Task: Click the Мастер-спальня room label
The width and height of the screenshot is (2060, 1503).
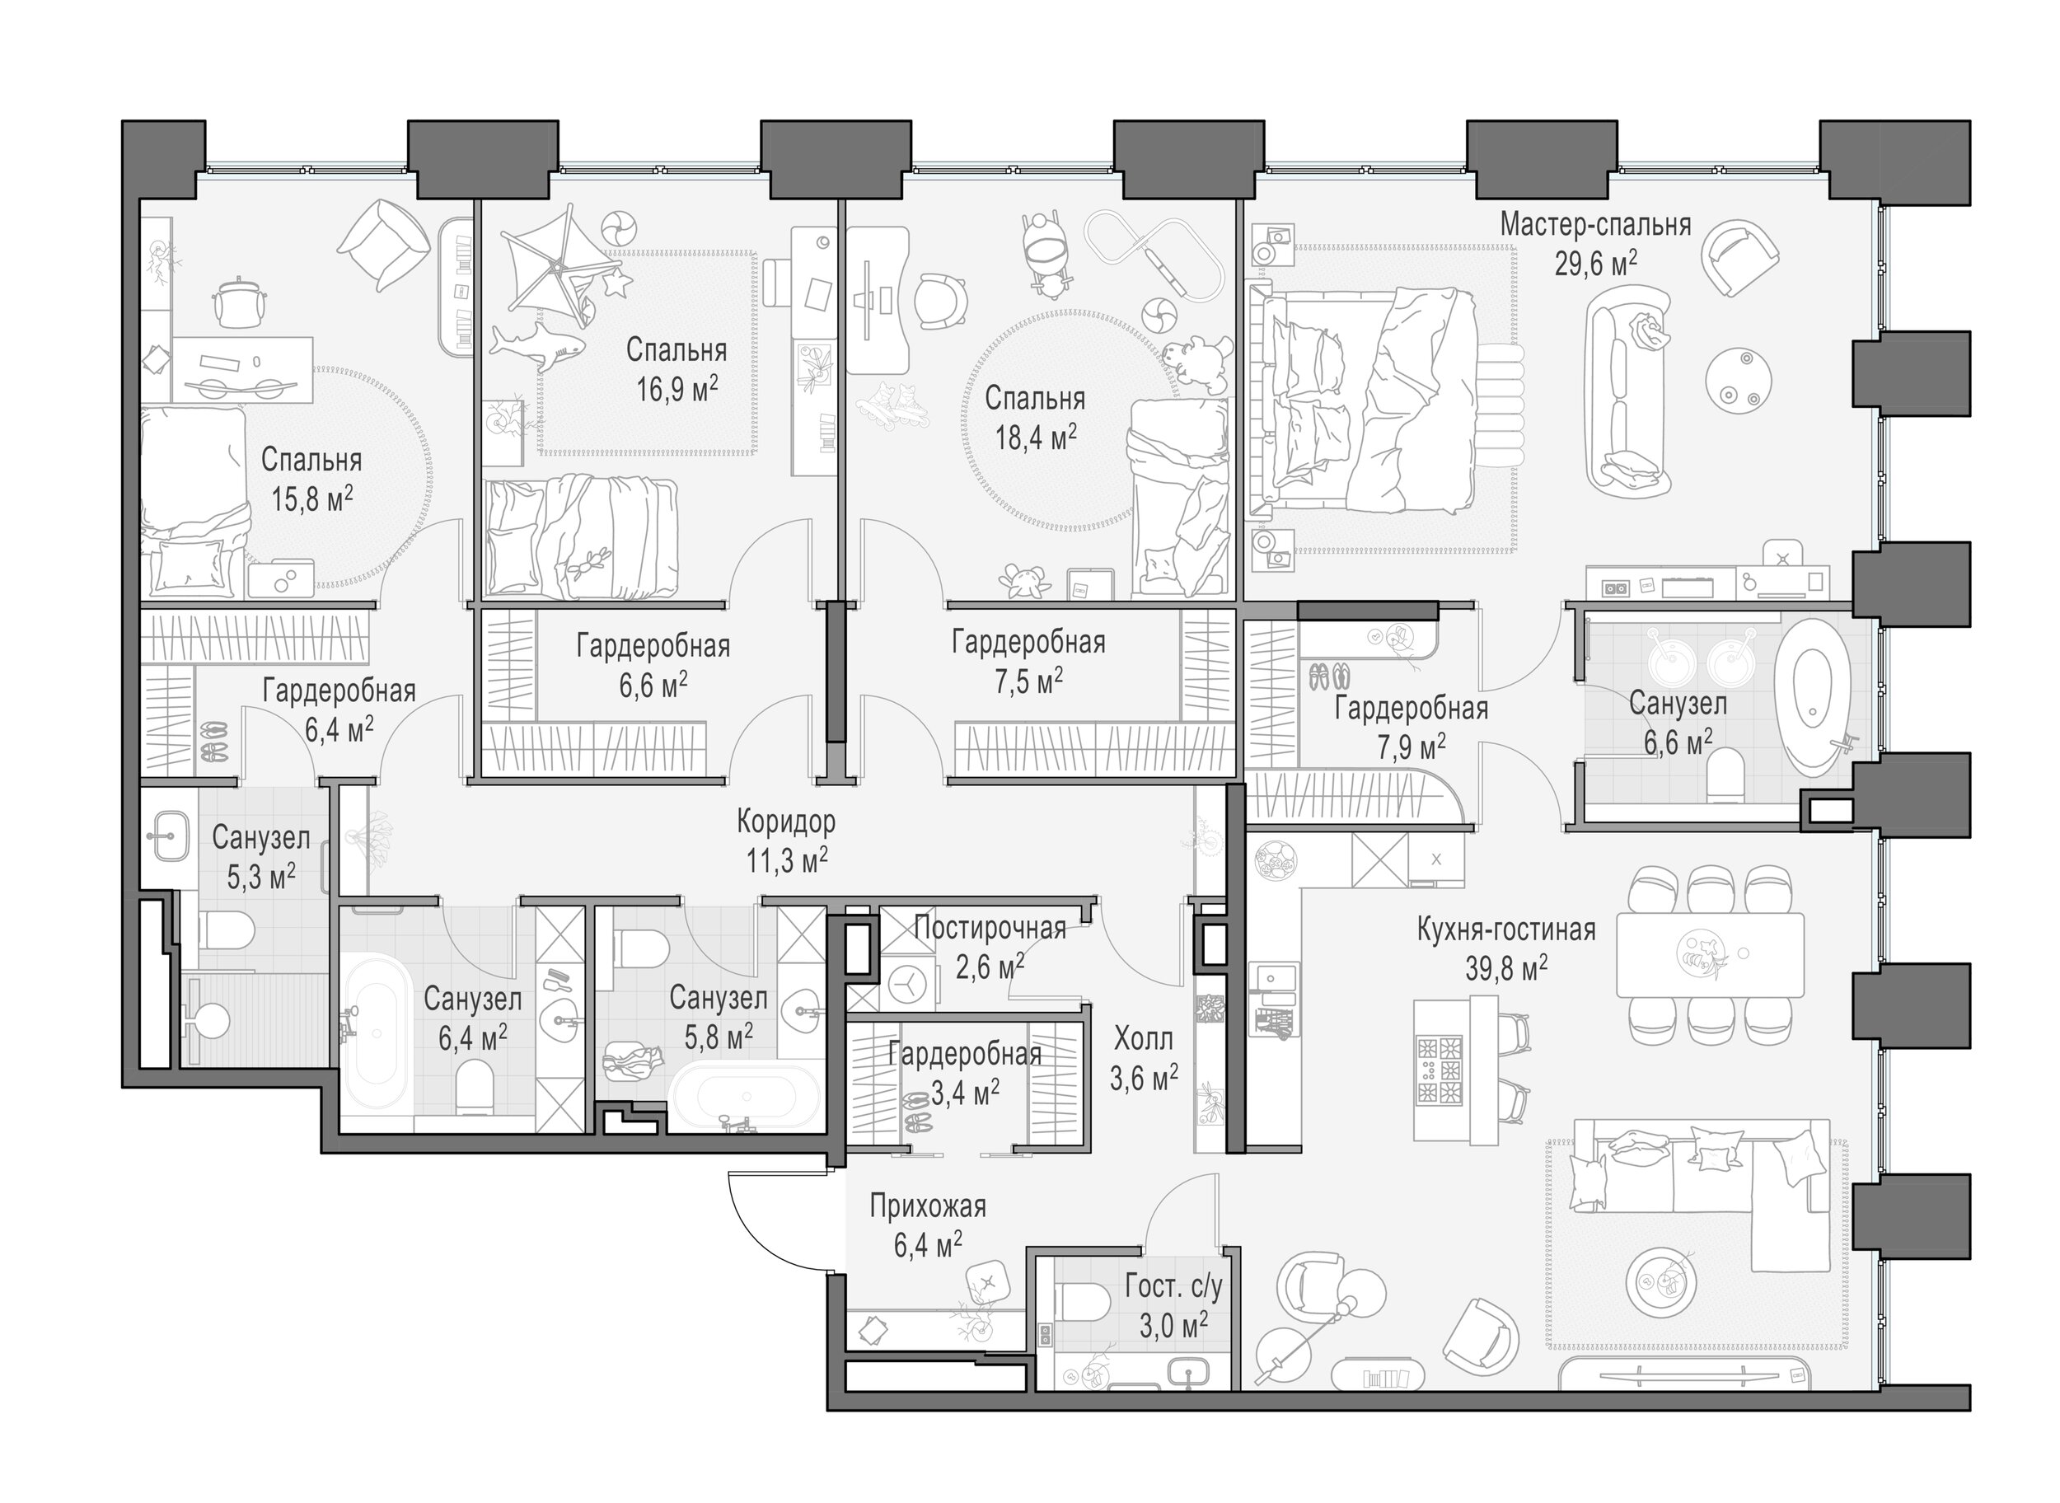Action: [1595, 225]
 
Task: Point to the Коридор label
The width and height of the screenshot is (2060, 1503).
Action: [785, 822]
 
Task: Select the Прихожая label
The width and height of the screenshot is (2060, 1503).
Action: [927, 1206]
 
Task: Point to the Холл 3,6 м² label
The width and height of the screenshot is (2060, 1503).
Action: [1144, 1057]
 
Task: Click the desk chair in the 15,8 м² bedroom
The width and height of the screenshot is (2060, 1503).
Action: [239, 302]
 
